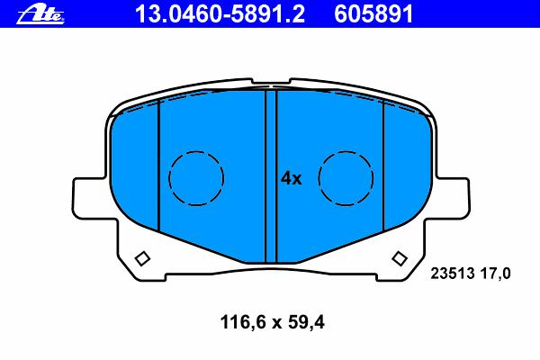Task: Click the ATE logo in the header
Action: (40, 15)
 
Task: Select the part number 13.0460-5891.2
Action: (220, 14)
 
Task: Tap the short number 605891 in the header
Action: (373, 14)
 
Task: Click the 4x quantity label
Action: (292, 178)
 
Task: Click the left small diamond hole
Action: (142, 258)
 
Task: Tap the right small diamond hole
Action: (400, 258)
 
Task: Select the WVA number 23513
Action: (453, 274)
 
